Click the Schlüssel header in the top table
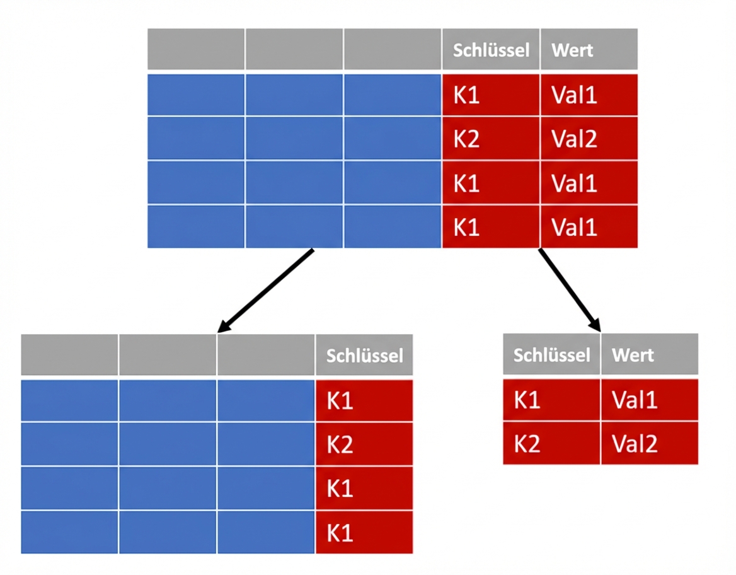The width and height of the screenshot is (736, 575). pos(490,49)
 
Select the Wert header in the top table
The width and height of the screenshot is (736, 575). pos(589,49)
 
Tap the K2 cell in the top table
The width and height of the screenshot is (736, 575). pos(490,139)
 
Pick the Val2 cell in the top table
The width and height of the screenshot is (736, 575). pos(589,139)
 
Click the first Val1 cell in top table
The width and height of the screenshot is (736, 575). pos(589,95)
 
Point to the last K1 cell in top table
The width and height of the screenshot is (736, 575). pos(490,227)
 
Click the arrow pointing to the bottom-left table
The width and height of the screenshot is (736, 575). pos(266,290)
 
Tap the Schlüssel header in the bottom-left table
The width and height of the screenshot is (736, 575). pos(364,356)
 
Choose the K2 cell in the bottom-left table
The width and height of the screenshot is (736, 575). pos(364,444)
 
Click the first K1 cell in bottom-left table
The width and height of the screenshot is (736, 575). pos(364,401)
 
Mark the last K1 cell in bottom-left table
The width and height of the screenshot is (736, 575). pos(364,533)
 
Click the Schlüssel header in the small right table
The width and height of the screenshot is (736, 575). pos(551,354)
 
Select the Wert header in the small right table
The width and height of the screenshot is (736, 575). pos(649,354)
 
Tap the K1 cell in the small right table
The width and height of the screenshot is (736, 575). pos(551,400)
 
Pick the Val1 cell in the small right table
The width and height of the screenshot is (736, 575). pos(649,400)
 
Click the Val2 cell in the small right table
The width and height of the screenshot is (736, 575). pos(649,443)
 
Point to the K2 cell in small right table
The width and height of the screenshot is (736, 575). pos(551,443)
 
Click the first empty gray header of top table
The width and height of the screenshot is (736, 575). pos(196,49)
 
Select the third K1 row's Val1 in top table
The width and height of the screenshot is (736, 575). pos(589,227)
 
